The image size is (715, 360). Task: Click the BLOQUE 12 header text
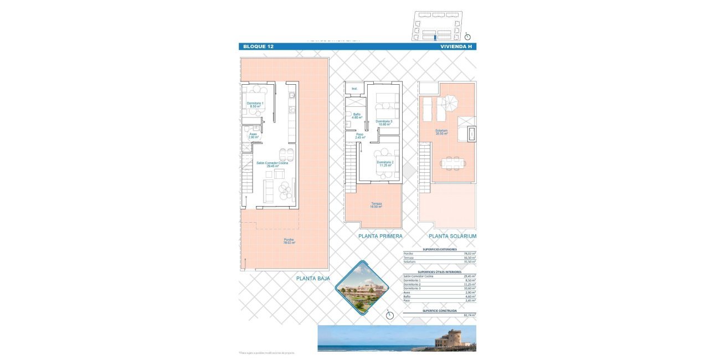click(258, 47)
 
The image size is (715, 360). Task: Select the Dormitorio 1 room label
click(255, 105)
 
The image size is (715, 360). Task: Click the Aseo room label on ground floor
click(253, 135)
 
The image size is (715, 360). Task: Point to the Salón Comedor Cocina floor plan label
click(272, 164)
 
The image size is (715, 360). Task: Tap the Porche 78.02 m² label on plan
click(289, 241)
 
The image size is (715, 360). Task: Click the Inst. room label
click(354, 89)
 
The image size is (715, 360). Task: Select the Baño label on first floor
click(357, 116)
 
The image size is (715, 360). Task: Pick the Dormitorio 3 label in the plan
click(384, 122)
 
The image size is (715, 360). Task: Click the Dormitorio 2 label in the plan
click(385, 163)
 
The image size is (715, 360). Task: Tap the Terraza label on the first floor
click(376, 205)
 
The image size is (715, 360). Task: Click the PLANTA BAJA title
click(313, 279)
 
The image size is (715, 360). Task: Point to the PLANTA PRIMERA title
click(380, 236)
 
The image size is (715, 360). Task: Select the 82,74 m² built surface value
click(469, 315)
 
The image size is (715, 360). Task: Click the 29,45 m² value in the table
click(469, 275)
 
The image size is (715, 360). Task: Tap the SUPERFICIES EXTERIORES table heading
click(440, 250)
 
